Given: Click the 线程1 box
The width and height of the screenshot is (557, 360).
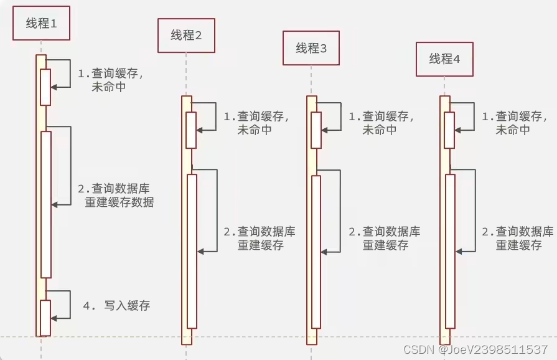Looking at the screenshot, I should [40, 24].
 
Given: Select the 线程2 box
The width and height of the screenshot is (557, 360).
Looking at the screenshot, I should [186, 36].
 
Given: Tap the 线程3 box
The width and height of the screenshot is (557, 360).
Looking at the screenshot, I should [311, 48].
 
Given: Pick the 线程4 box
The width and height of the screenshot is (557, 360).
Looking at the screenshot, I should [444, 59].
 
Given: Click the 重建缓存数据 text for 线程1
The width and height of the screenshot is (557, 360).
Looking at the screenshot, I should [119, 202].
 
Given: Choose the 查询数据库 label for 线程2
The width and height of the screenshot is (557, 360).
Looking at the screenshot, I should [266, 232].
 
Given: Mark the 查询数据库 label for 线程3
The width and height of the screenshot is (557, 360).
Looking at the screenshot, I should [391, 232].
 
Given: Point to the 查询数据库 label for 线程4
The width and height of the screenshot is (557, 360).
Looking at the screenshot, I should [524, 232].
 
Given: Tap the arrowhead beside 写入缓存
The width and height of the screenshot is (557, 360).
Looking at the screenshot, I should [54, 318].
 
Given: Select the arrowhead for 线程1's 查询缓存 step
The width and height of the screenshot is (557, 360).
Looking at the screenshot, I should [54, 87].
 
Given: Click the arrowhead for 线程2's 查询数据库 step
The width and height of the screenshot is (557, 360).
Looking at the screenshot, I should [200, 251].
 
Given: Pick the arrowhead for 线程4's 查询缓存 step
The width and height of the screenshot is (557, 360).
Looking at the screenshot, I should [458, 130].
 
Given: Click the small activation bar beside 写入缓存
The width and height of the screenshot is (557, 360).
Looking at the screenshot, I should [45, 318].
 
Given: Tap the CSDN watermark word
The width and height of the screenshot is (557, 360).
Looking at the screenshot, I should [417, 350].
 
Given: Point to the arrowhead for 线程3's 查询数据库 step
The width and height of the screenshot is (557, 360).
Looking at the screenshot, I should [324, 251].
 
